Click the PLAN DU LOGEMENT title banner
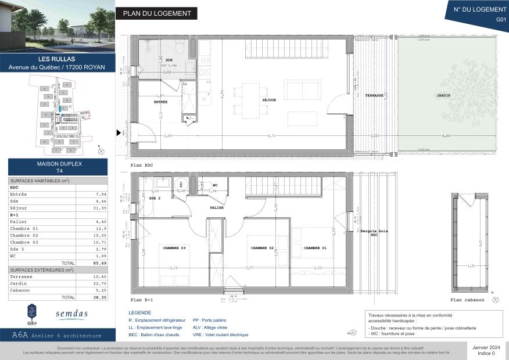[156, 14]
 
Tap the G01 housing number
[500, 19]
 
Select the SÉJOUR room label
[268, 100]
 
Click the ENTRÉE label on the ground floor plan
[160, 102]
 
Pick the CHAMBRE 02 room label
[262, 248]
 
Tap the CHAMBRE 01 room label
[314, 248]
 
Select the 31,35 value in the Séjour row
[101, 208]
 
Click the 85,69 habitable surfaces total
[101, 263]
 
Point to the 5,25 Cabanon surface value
[101, 290]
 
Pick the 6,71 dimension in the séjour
[271, 136]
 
